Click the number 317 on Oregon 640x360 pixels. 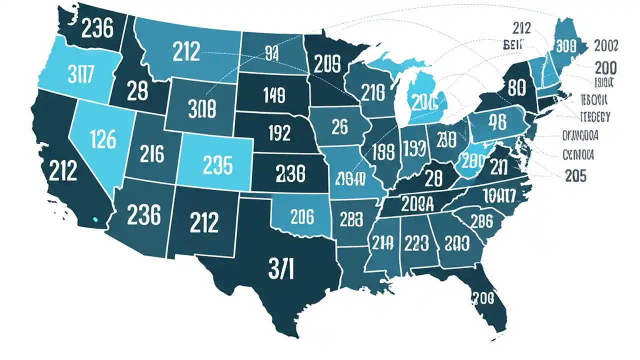point(79,73)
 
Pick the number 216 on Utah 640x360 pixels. point(151,154)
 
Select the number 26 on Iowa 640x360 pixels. point(339,127)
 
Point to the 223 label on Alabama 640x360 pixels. point(415,243)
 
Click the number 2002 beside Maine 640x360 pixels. point(606,46)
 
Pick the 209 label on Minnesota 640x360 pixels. point(327,63)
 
